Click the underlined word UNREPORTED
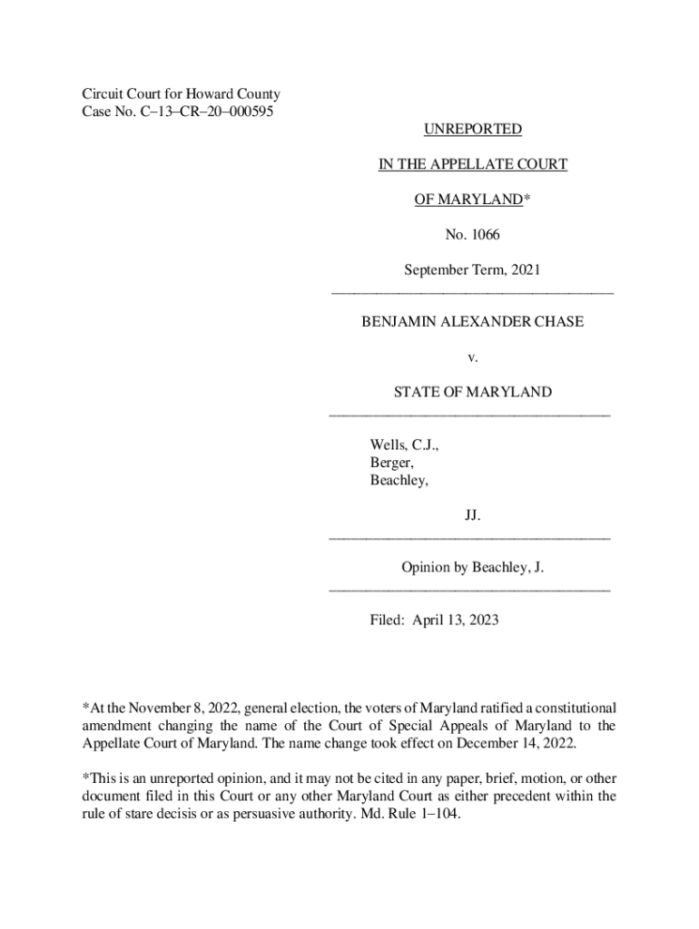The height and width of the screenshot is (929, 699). pyautogui.click(x=472, y=130)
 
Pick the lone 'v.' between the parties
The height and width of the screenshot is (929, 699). pyautogui.click(x=472, y=357)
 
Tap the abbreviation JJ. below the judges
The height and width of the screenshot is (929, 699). pyautogui.click(x=472, y=515)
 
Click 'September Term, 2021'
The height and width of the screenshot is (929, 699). pyautogui.click(x=472, y=269)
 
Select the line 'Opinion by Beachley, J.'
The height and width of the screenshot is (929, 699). pyautogui.click(x=472, y=568)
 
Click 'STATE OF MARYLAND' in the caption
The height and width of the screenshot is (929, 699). pyautogui.click(x=472, y=392)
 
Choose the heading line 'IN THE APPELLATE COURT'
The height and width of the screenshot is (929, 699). pyautogui.click(x=472, y=164)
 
